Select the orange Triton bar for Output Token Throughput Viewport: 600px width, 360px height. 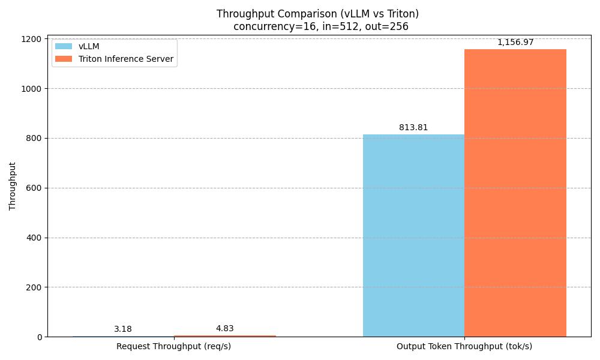(515, 193)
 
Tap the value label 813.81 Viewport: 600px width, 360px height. (413, 128)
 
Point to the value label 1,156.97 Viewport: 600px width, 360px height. (515, 43)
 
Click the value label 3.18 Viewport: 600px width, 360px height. (123, 329)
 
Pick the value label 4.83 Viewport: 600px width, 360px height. (224, 329)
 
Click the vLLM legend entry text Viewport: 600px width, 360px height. (89, 47)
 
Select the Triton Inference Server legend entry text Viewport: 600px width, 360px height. (126, 59)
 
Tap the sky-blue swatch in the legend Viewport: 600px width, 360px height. (63, 47)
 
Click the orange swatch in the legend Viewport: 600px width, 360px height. (63, 59)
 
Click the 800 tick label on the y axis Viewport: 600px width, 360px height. (35, 139)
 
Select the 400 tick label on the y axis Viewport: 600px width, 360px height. (35, 238)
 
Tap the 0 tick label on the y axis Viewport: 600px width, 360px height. (40, 337)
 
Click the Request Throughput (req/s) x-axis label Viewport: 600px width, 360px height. (173, 347)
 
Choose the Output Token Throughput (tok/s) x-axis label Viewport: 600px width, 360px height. (464, 347)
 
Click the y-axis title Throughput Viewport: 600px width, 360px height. (13, 186)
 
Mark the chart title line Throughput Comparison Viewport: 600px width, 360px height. (317, 14)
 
